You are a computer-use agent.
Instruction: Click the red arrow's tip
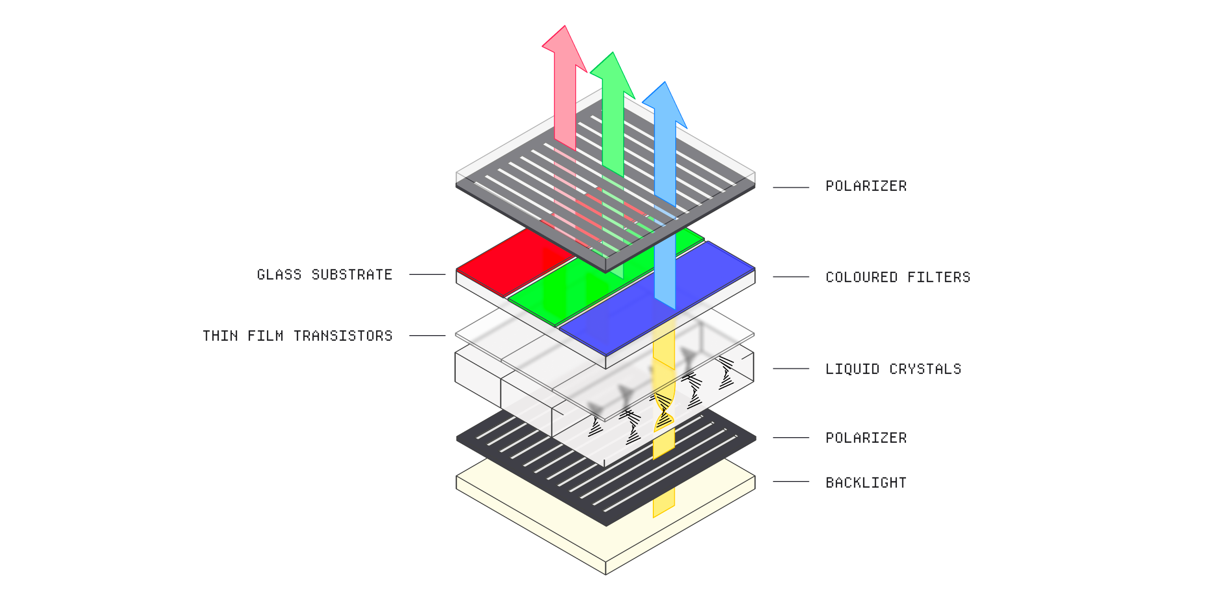[x=565, y=26]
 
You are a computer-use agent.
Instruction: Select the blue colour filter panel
[x=657, y=298]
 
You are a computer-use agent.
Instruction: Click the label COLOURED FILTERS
[x=898, y=277]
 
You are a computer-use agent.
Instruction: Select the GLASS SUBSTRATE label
[x=325, y=274]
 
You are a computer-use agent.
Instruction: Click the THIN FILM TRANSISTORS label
[x=298, y=336]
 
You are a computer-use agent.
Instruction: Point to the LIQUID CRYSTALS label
[x=893, y=369]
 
